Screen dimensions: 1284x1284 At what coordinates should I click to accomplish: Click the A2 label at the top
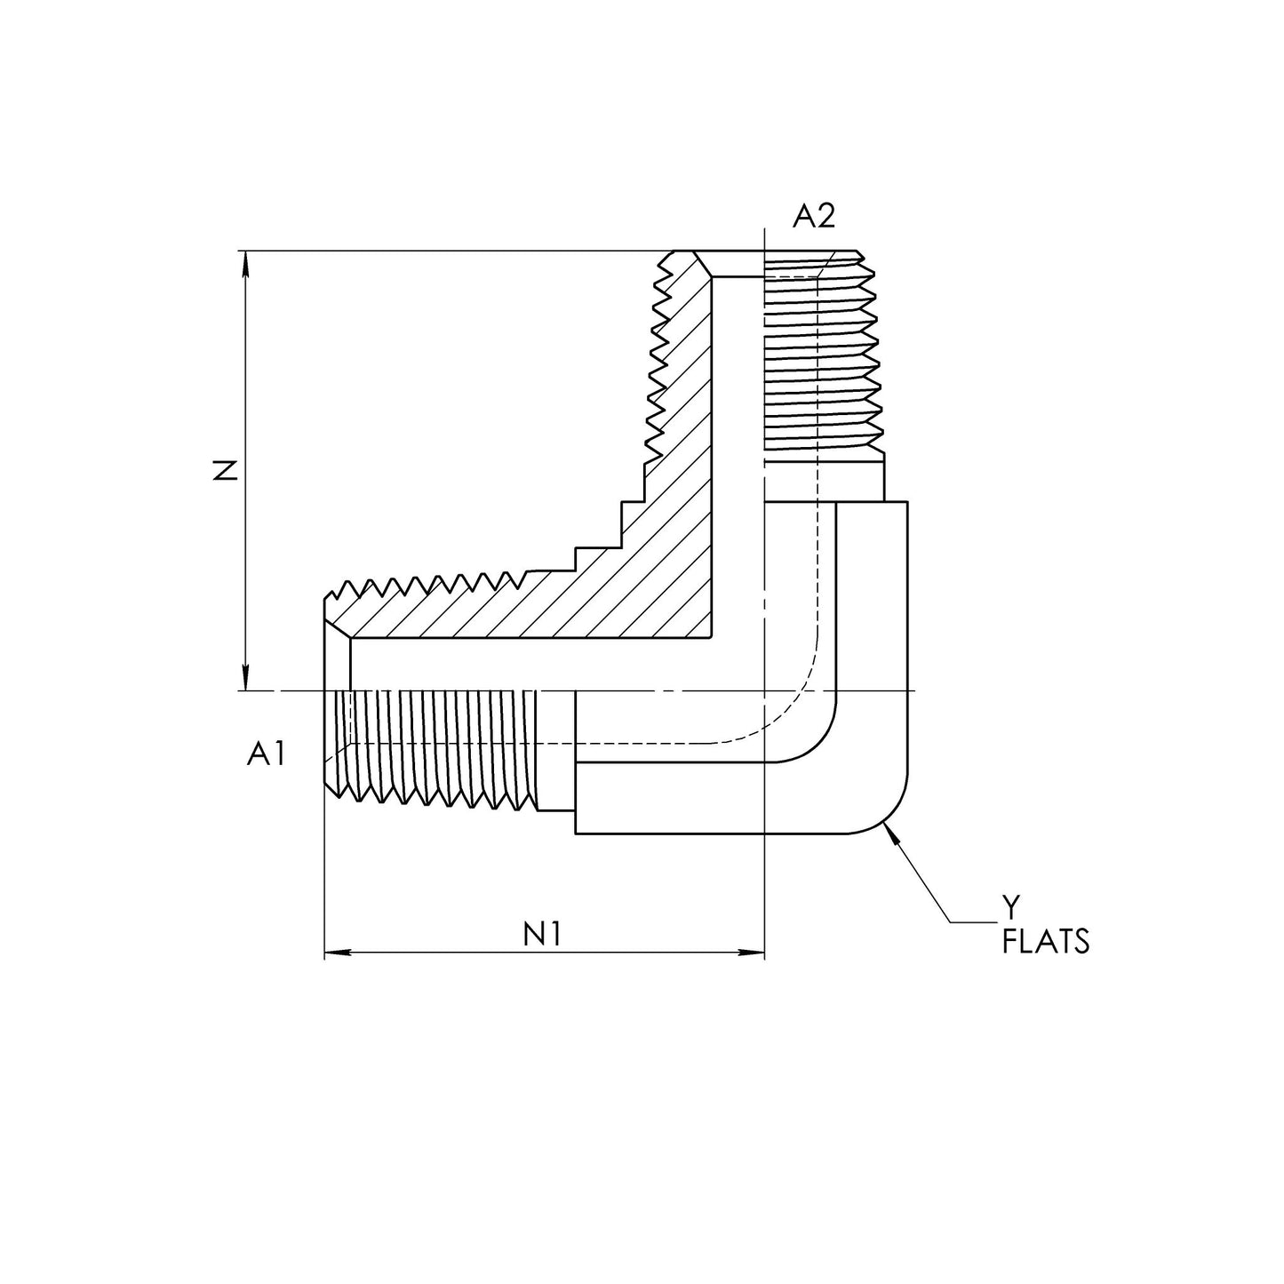[814, 216]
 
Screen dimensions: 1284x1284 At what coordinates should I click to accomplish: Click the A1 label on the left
[267, 754]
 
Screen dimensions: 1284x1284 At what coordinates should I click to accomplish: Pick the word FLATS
[1045, 941]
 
